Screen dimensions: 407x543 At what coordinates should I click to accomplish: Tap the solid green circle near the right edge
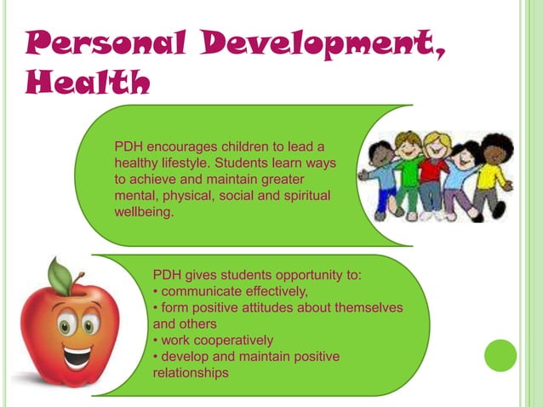click(500, 355)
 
